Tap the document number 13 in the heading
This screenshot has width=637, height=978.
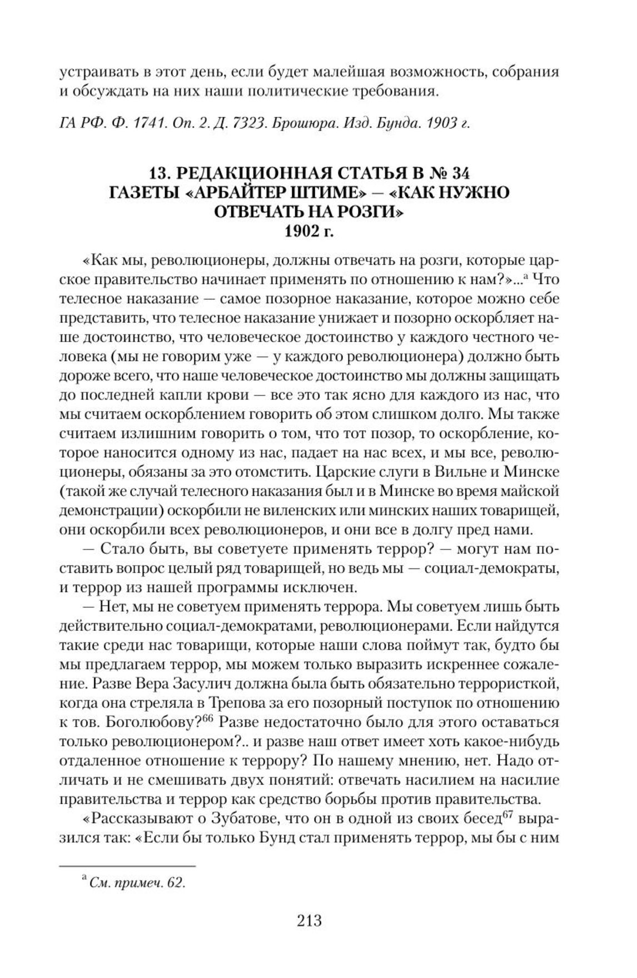163,173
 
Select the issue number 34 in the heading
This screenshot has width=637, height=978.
459,173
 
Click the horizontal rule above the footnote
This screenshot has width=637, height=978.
127,866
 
